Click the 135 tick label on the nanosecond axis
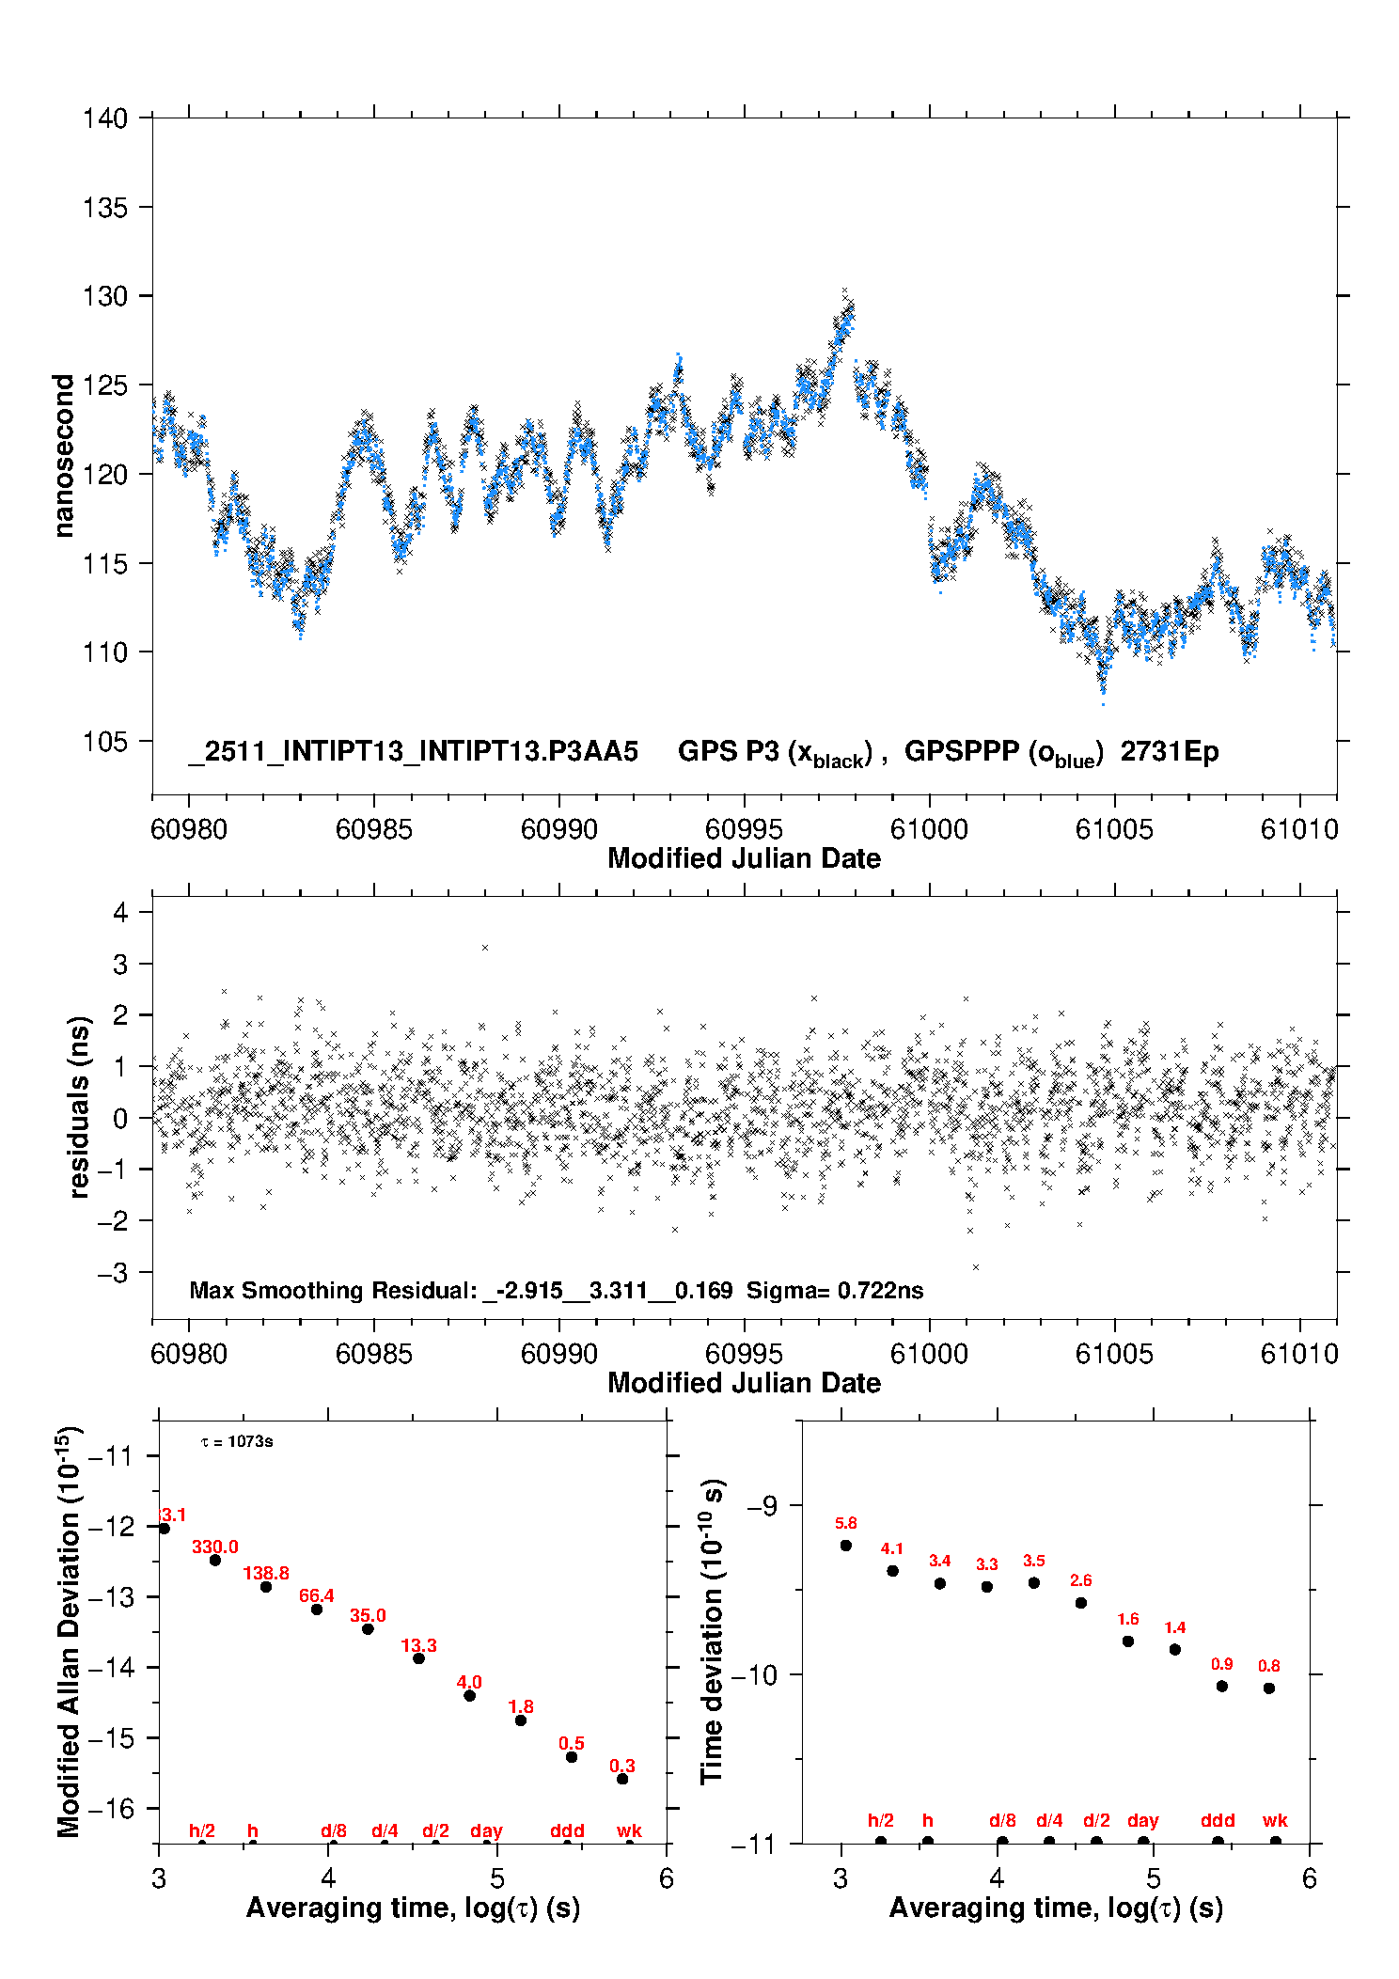[x=104, y=208]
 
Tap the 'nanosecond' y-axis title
[x=63, y=456]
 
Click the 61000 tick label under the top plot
[x=929, y=829]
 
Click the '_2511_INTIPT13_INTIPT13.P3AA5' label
[x=414, y=752]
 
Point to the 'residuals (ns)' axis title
[x=80, y=1107]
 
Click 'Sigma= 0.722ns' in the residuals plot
[x=835, y=1291]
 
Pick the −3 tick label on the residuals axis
[x=112, y=1273]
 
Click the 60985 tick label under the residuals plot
[x=374, y=1354]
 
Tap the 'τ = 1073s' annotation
[x=237, y=1442]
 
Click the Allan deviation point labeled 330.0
[x=215, y=1561]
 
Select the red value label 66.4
[x=317, y=1595]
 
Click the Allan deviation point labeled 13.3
[x=418, y=1658]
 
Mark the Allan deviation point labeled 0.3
[x=622, y=1779]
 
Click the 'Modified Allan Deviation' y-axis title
[x=69, y=1632]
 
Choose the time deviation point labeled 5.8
[x=846, y=1546]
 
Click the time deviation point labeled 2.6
[x=1081, y=1603]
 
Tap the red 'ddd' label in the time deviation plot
[x=1218, y=1821]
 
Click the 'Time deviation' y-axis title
[x=712, y=1632]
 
